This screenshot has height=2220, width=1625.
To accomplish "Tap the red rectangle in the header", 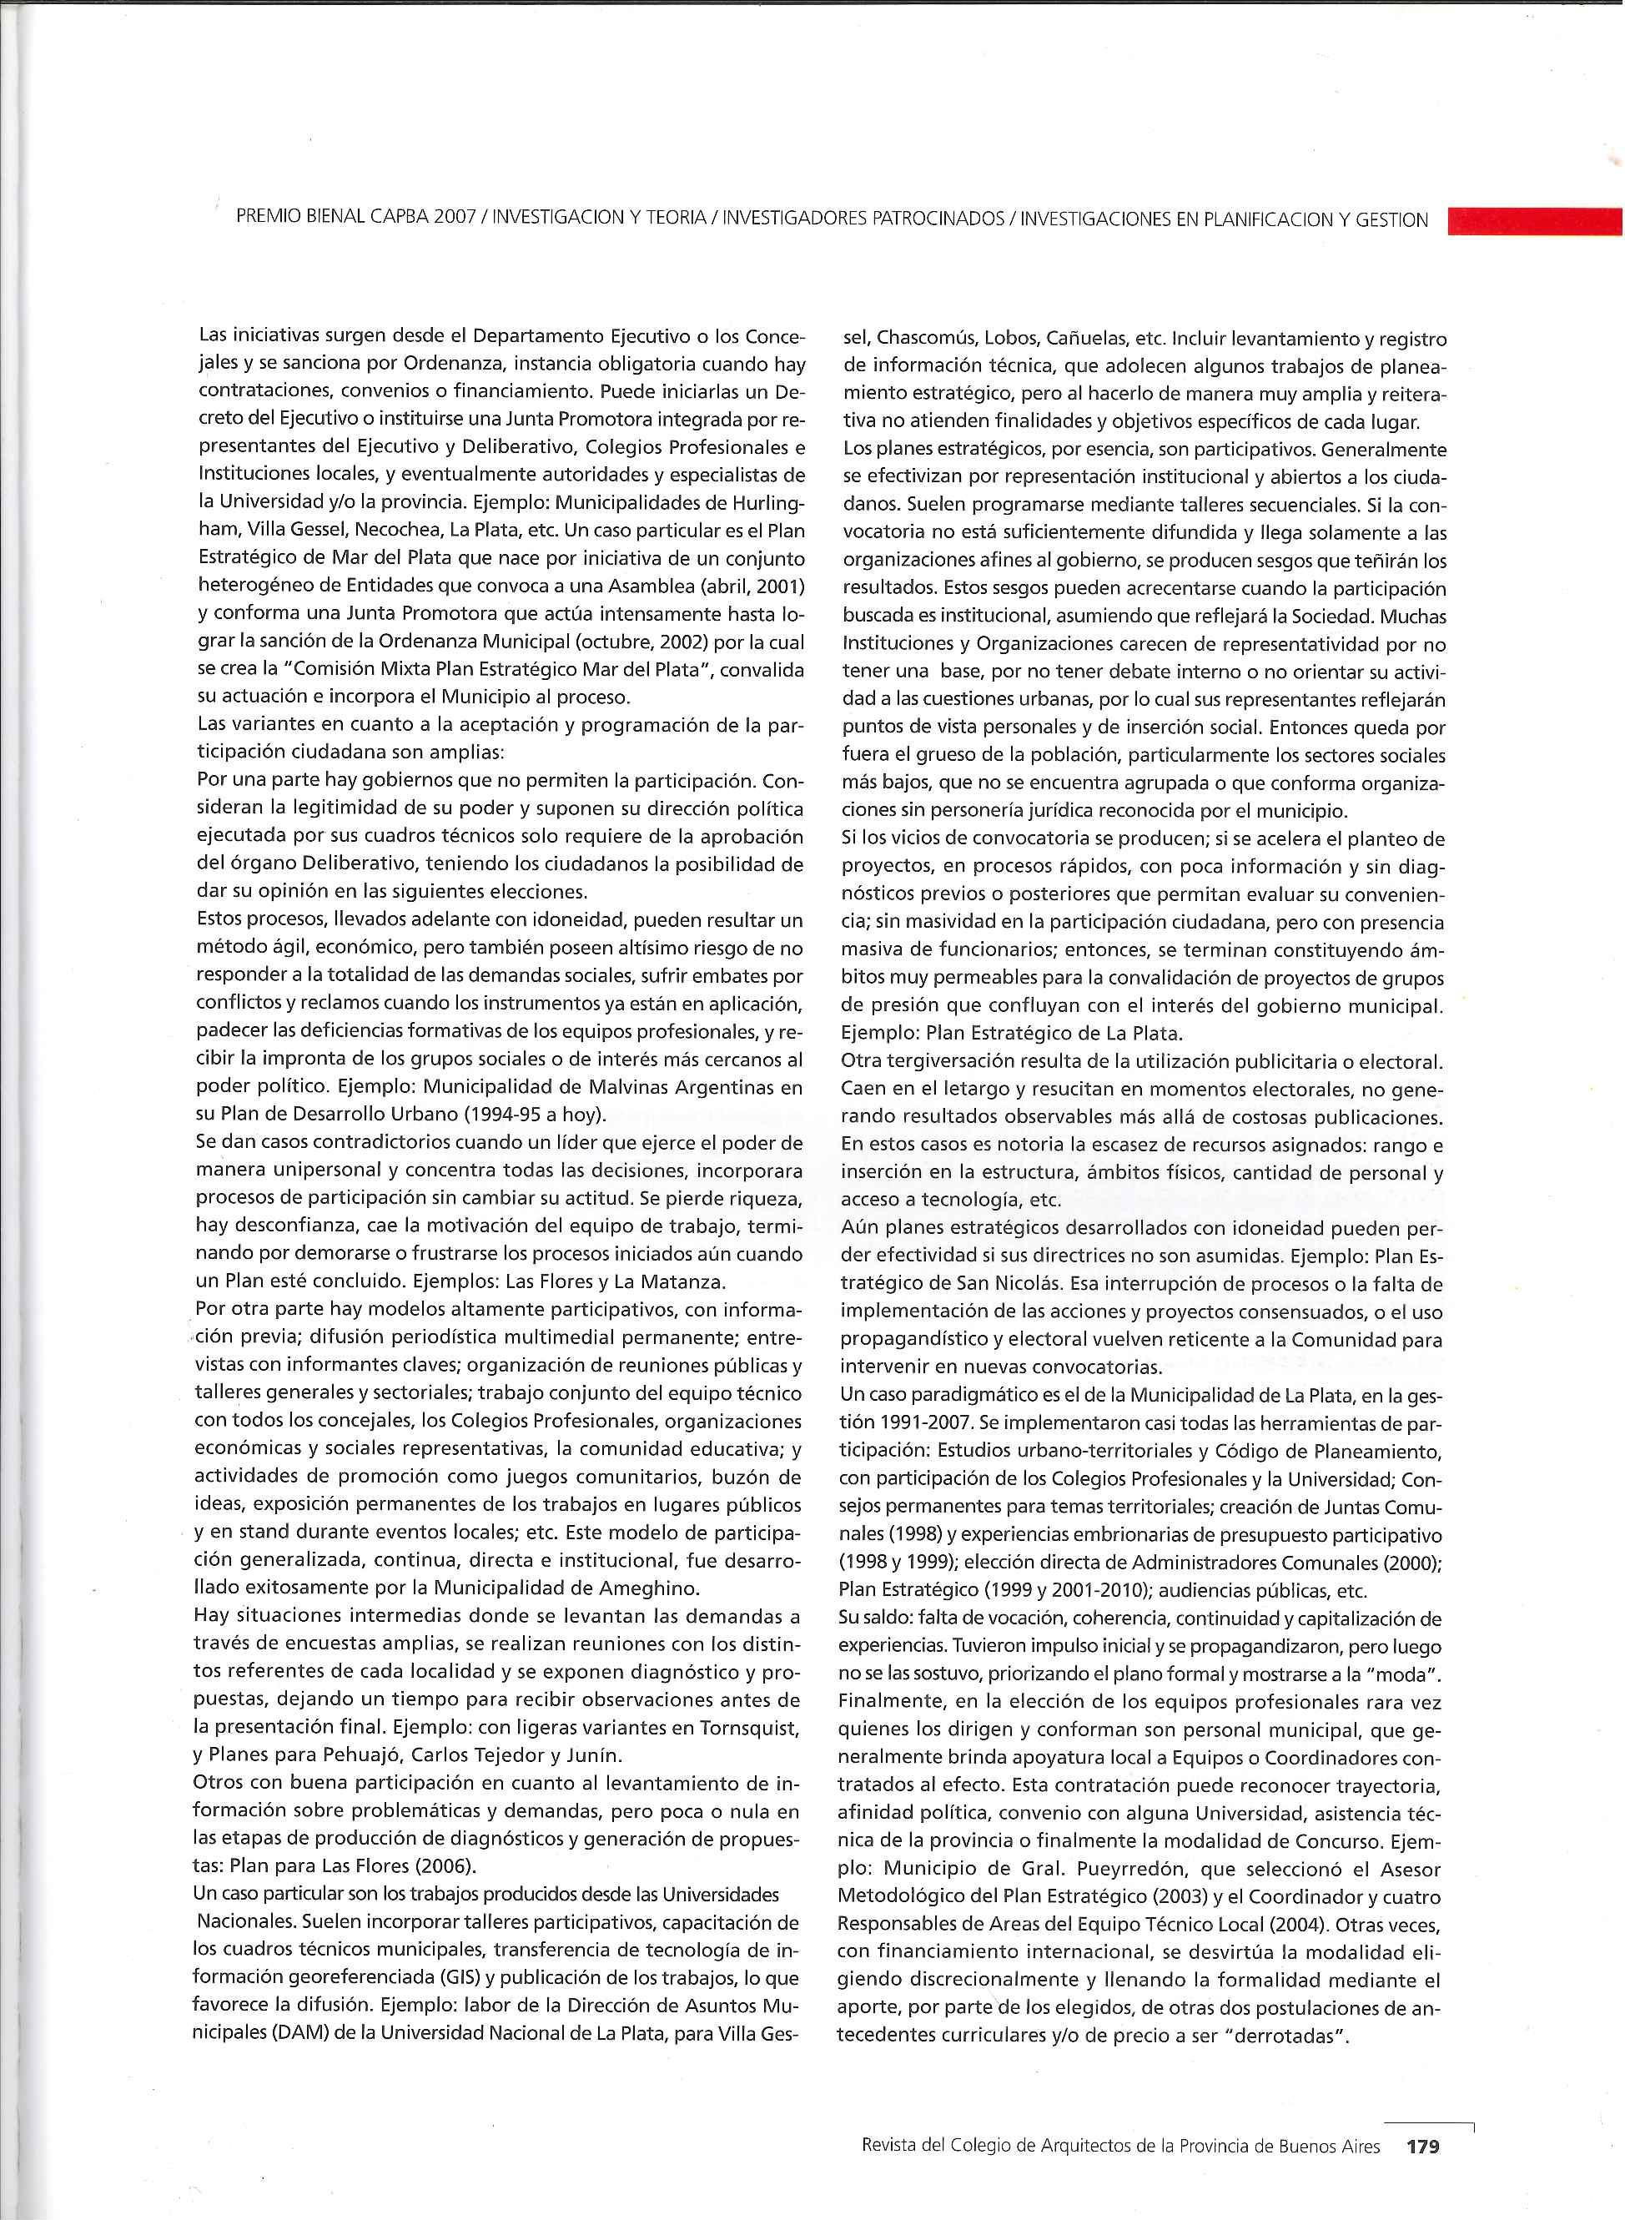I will [1536, 219].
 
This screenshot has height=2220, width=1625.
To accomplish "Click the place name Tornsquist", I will [752, 1727].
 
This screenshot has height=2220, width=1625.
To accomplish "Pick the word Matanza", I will [674, 1281].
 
